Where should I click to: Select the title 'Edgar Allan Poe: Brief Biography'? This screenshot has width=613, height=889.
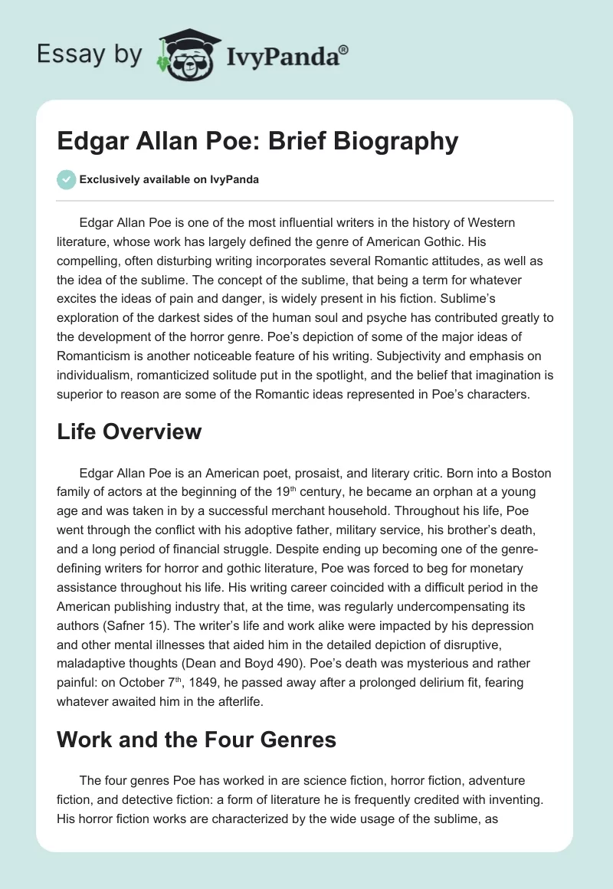coord(257,142)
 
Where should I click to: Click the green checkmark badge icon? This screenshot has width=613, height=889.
coord(66,180)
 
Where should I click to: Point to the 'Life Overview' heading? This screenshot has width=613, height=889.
coord(129,431)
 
